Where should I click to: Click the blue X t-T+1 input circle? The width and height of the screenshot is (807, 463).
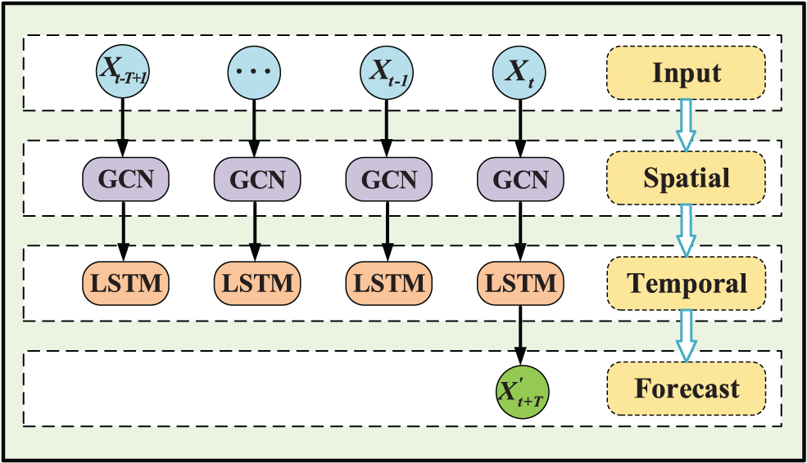[123, 71]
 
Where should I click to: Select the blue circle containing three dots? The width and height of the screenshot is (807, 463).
[253, 71]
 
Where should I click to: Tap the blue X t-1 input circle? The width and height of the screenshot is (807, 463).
[385, 71]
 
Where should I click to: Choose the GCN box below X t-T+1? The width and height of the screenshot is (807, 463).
[123, 178]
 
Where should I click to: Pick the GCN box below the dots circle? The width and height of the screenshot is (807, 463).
[253, 178]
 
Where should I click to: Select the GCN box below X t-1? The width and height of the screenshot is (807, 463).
[385, 178]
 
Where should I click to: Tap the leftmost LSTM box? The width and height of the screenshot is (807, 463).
[123, 283]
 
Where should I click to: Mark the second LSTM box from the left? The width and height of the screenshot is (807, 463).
[253, 283]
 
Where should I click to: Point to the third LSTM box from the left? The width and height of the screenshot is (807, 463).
[385, 283]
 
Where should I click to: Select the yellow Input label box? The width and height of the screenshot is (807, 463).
[686, 73]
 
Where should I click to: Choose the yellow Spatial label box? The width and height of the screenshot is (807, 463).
[686, 178]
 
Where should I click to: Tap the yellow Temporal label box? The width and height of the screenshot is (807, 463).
[686, 283]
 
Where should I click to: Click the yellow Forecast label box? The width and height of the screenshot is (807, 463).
[686, 389]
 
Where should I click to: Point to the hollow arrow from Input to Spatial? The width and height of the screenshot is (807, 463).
[686, 125]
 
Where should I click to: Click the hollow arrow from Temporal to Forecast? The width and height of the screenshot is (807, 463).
[686, 335]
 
